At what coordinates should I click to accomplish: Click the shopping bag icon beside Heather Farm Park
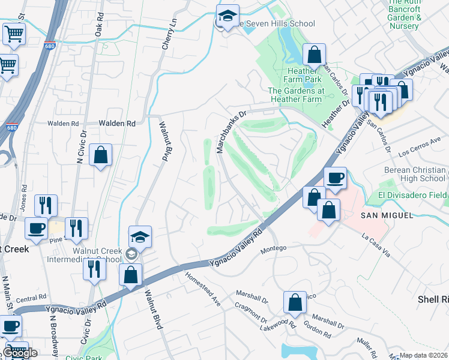click(x=314, y=56)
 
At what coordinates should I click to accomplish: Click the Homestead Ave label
click(x=203, y=290)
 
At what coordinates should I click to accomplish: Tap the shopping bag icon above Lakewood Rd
click(x=295, y=304)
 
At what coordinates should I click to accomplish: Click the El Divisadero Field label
click(x=413, y=196)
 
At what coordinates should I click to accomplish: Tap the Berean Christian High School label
click(x=415, y=174)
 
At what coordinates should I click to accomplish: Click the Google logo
click(x=20, y=352)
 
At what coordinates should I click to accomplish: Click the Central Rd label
click(x=31, y=298)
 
